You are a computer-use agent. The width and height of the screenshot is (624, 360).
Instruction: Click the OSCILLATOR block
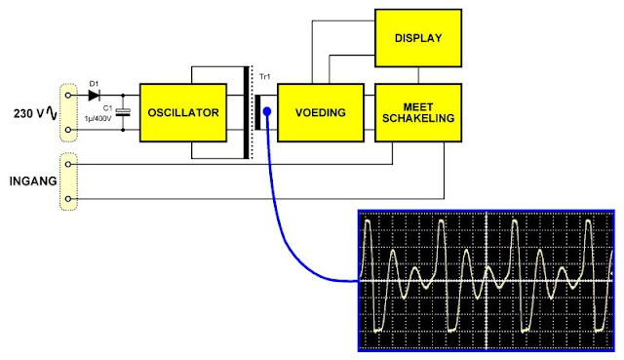click(183, 113)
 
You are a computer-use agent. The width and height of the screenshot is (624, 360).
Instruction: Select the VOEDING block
click(321, 113)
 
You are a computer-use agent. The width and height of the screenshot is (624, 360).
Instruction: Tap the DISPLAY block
click(418, 38)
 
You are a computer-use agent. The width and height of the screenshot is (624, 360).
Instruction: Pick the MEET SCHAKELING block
click(418, 113)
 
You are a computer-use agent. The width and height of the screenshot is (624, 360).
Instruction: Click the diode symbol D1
click(94, 96)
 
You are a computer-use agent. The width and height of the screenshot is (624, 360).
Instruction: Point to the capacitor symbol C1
click(123, 113)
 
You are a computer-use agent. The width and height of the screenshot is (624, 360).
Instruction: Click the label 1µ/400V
click(97, 118)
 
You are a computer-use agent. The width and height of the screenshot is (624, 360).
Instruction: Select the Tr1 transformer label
click(264, 76)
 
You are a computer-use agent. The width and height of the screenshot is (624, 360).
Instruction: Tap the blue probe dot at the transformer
click(267, 111)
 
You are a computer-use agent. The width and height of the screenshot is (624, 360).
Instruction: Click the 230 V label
click(28, 114)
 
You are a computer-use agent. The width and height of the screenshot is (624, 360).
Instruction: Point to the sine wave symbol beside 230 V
click(52, 113)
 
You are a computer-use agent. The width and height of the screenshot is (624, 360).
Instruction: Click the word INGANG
click(33, 181)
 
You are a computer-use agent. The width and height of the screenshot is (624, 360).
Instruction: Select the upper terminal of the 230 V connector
click(68, 96)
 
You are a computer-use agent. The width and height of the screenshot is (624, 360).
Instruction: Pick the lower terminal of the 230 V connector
click(68, 130)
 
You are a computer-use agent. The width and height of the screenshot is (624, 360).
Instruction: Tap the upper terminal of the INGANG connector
click(68, 164)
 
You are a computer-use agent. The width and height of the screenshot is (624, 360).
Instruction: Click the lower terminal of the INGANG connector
click(68, 198)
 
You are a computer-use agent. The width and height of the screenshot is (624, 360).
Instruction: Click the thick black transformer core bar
click(247, 113)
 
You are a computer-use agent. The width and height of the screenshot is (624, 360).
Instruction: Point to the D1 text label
click(94, 84)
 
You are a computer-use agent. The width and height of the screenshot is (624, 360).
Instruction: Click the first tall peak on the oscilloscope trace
click(368, 221)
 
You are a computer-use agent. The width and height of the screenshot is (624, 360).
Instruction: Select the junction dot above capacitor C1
click(123, 96)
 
